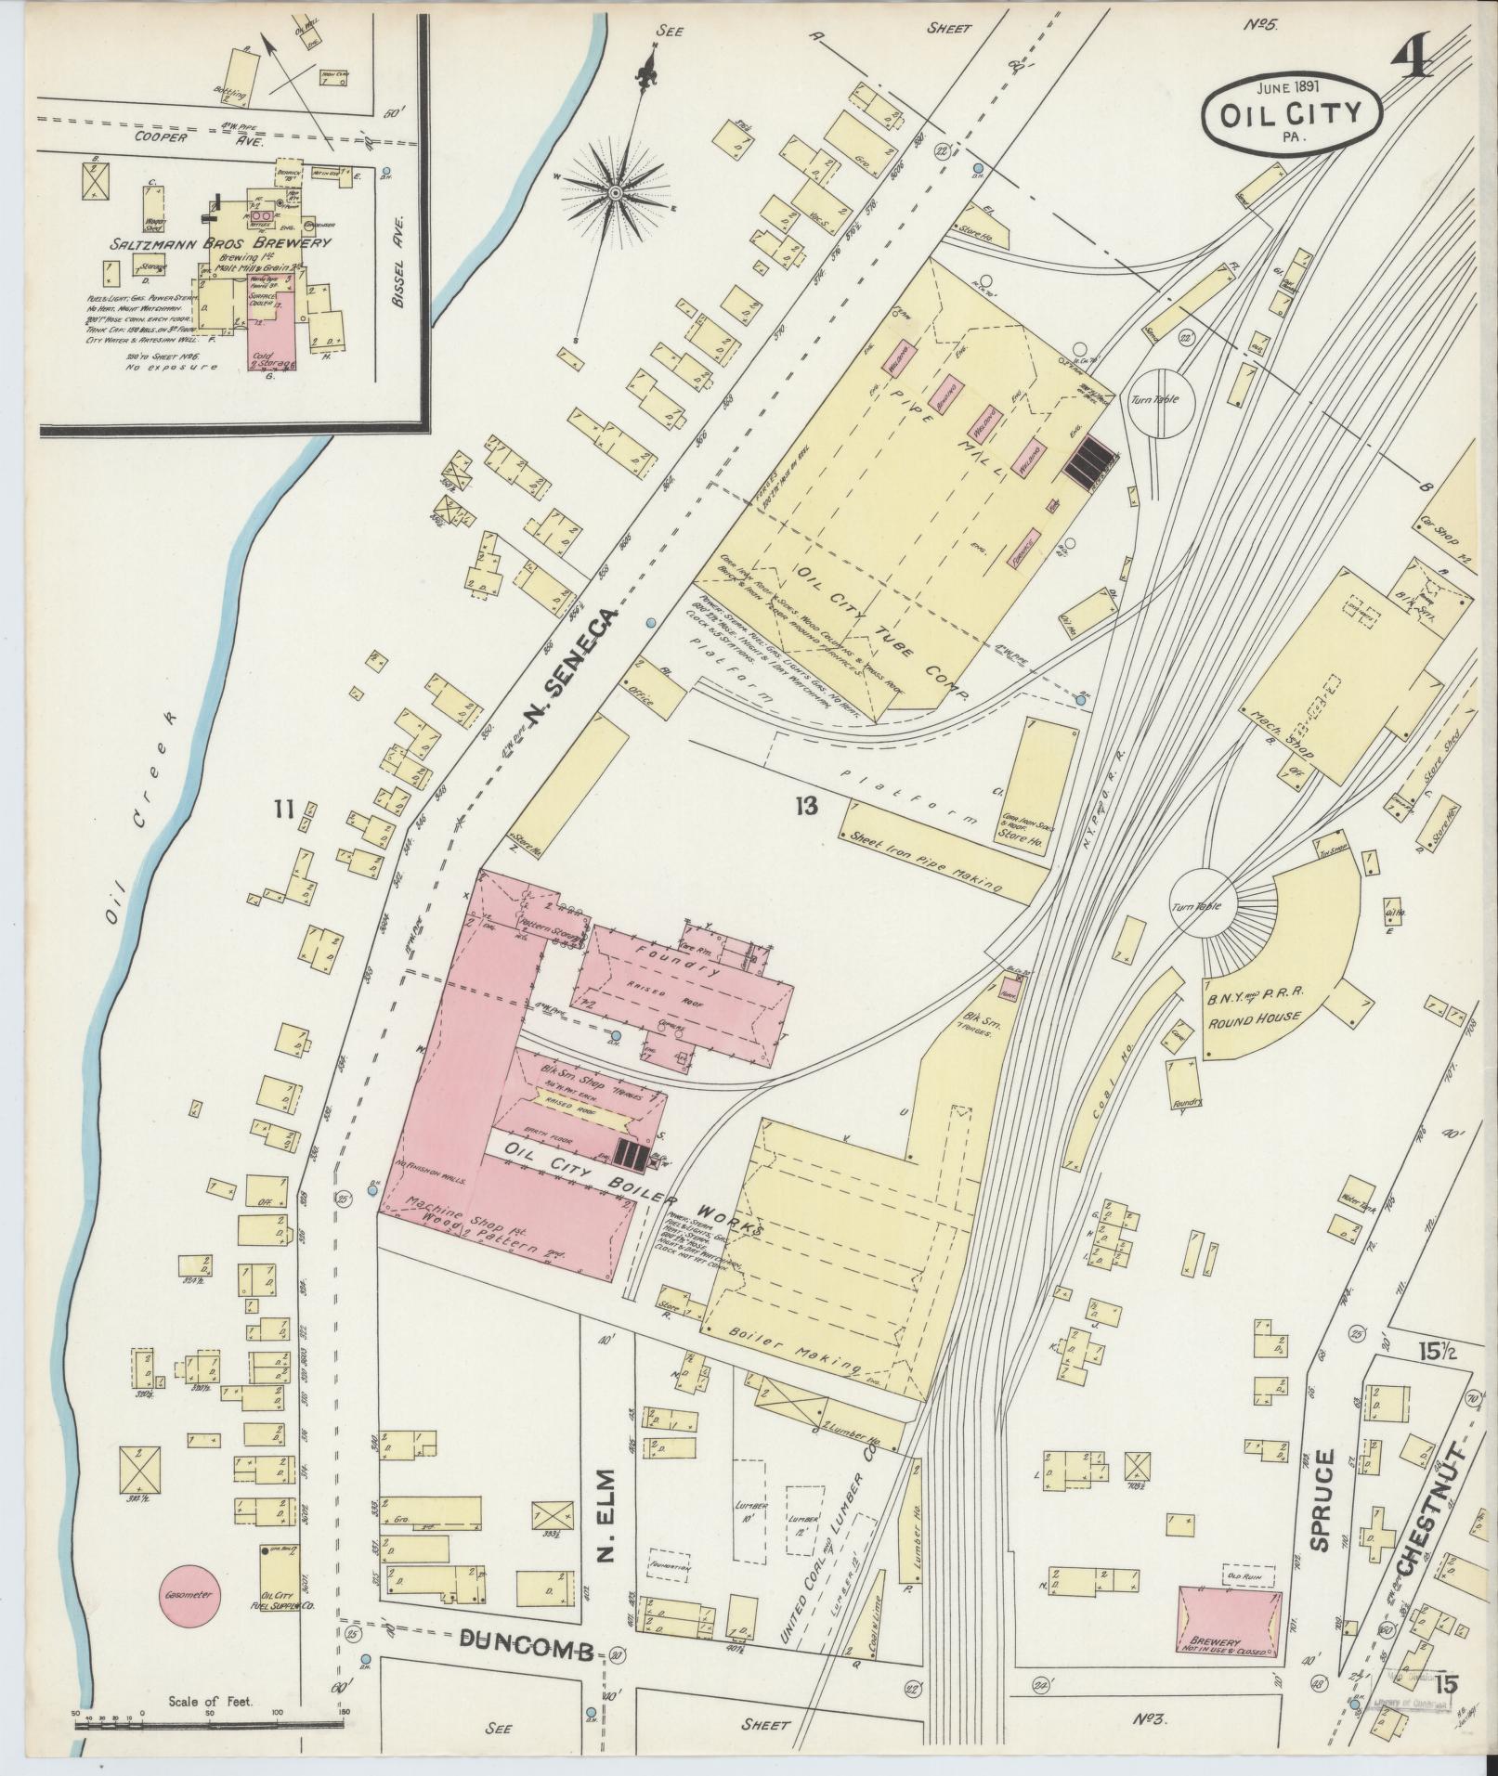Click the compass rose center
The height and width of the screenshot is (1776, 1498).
click(x=616, y=192)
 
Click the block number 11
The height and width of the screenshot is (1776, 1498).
click(x=283, y=810)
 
